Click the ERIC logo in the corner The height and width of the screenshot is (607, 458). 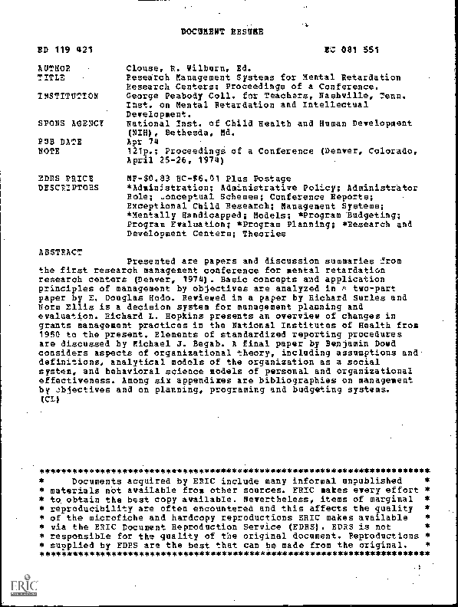(23, 586)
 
